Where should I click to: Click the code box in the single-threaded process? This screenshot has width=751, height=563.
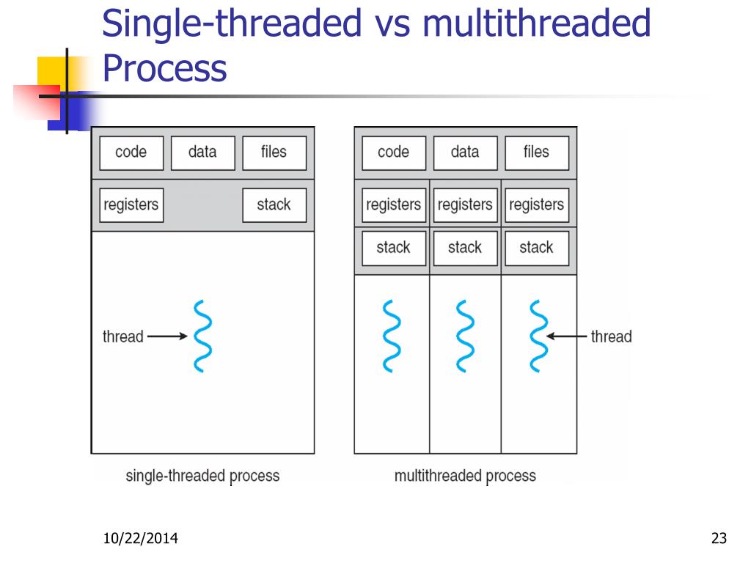(131, 152)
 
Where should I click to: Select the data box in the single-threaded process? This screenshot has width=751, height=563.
(202, 152)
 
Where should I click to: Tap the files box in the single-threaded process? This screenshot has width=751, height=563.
(274, 152)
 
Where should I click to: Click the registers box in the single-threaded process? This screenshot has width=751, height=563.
(131, 205)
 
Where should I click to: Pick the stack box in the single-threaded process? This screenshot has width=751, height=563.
(274, 205)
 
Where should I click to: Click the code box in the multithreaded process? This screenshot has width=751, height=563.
(393, 152)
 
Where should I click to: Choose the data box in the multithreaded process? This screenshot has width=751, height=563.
(465, 152)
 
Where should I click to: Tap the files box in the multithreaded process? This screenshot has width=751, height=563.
(536, 152)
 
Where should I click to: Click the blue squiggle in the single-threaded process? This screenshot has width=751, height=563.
(201, 336)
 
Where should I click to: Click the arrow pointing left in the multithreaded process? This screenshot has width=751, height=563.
(568, 337)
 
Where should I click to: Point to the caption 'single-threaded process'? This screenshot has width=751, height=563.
(202, 476)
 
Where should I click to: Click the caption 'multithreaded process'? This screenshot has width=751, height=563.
(465, 476)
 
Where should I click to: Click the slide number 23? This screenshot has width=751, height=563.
(719, 540)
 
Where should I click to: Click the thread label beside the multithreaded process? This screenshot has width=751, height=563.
(611, 337)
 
